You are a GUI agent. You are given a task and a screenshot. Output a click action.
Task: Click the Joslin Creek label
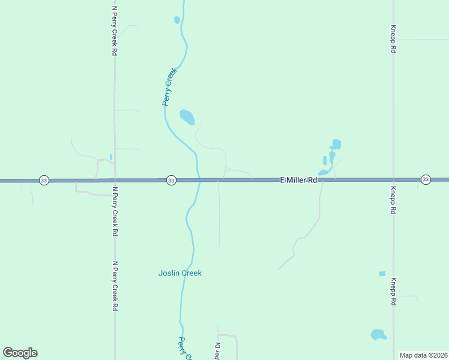pos(180,273)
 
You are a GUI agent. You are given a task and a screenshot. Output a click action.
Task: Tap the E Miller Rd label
pos(298,180)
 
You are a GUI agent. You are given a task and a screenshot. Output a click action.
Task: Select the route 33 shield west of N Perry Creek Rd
pos(43,180)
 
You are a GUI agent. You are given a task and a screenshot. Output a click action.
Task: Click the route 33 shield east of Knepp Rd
pos(426,179)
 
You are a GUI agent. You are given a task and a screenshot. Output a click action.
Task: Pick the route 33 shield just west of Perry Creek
pos(171,180)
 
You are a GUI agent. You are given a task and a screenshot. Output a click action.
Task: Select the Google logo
pos(20,353)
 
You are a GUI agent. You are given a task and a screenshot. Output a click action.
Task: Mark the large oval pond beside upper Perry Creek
pos(187,116)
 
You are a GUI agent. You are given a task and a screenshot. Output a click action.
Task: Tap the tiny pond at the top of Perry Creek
pos(177,20)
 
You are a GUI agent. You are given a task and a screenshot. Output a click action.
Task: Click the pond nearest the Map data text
pos(378,334)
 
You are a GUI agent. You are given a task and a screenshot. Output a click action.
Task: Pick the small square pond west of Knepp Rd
pos(382,274)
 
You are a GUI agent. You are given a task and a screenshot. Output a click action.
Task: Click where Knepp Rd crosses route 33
pos(393,179)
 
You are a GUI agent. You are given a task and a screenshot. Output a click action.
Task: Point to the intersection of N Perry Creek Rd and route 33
pos(114,180)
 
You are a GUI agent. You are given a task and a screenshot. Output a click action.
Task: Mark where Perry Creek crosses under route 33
pos(197,180)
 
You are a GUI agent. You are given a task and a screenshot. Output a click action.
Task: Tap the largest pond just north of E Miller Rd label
pos(336,144)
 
